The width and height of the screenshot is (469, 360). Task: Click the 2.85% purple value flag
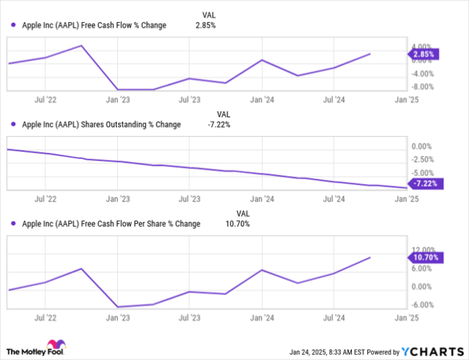(x=426, y=53)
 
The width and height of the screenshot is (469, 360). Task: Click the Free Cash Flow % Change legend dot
(x=13, y=26)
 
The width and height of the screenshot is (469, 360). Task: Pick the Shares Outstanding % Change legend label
(x=102, y=124)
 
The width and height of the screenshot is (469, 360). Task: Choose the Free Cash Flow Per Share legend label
(x=111, y=223)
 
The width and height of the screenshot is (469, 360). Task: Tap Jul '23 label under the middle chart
(x=190, y=199)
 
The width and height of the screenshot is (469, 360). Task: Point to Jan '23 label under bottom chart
(x=118, y=316)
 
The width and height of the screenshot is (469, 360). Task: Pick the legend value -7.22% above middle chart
(x=218, y=124)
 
